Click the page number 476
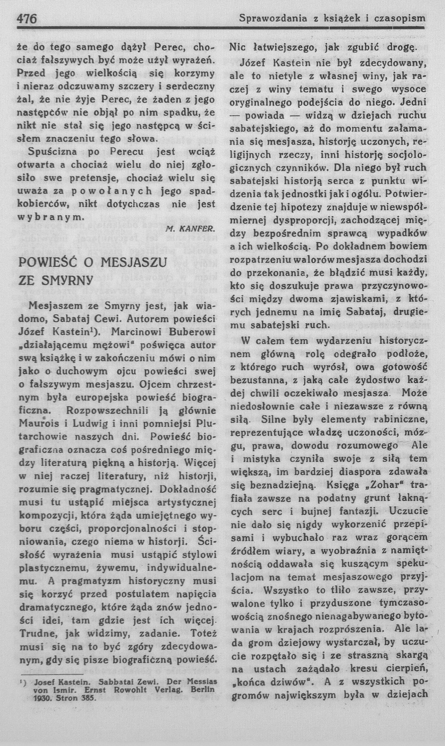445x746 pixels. (27, 19)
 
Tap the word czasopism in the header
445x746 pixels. (400, 19)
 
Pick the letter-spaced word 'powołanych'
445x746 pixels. (111, 191)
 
